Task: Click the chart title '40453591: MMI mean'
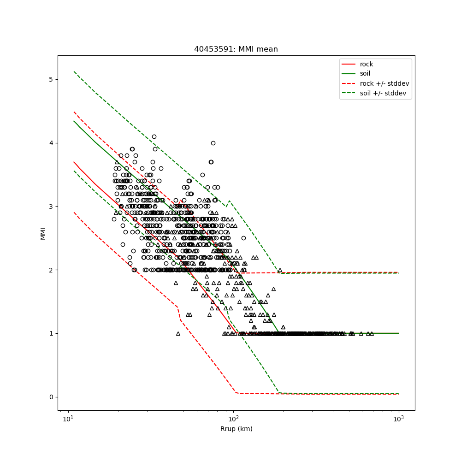click(236, 49)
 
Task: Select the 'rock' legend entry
click(366, 64)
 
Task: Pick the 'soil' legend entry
click(365, 74)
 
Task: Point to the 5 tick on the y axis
click(51, 79)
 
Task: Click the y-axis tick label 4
click(51, 143)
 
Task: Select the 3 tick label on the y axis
click(51, 207)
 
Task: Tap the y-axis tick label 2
click(51, 270)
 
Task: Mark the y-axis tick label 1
click(51, 333)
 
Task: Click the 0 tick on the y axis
click(51, 397)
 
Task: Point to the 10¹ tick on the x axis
click(68, 419)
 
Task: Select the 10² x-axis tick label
click(233, 419)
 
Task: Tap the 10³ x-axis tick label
click(398, 419)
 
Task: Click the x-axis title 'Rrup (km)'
click(236, 429)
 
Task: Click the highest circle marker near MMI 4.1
click(154, 136)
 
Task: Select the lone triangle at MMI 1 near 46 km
click(178, 333)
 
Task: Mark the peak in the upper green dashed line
click(230, 201)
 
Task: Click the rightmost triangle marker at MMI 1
click(372, 333)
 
